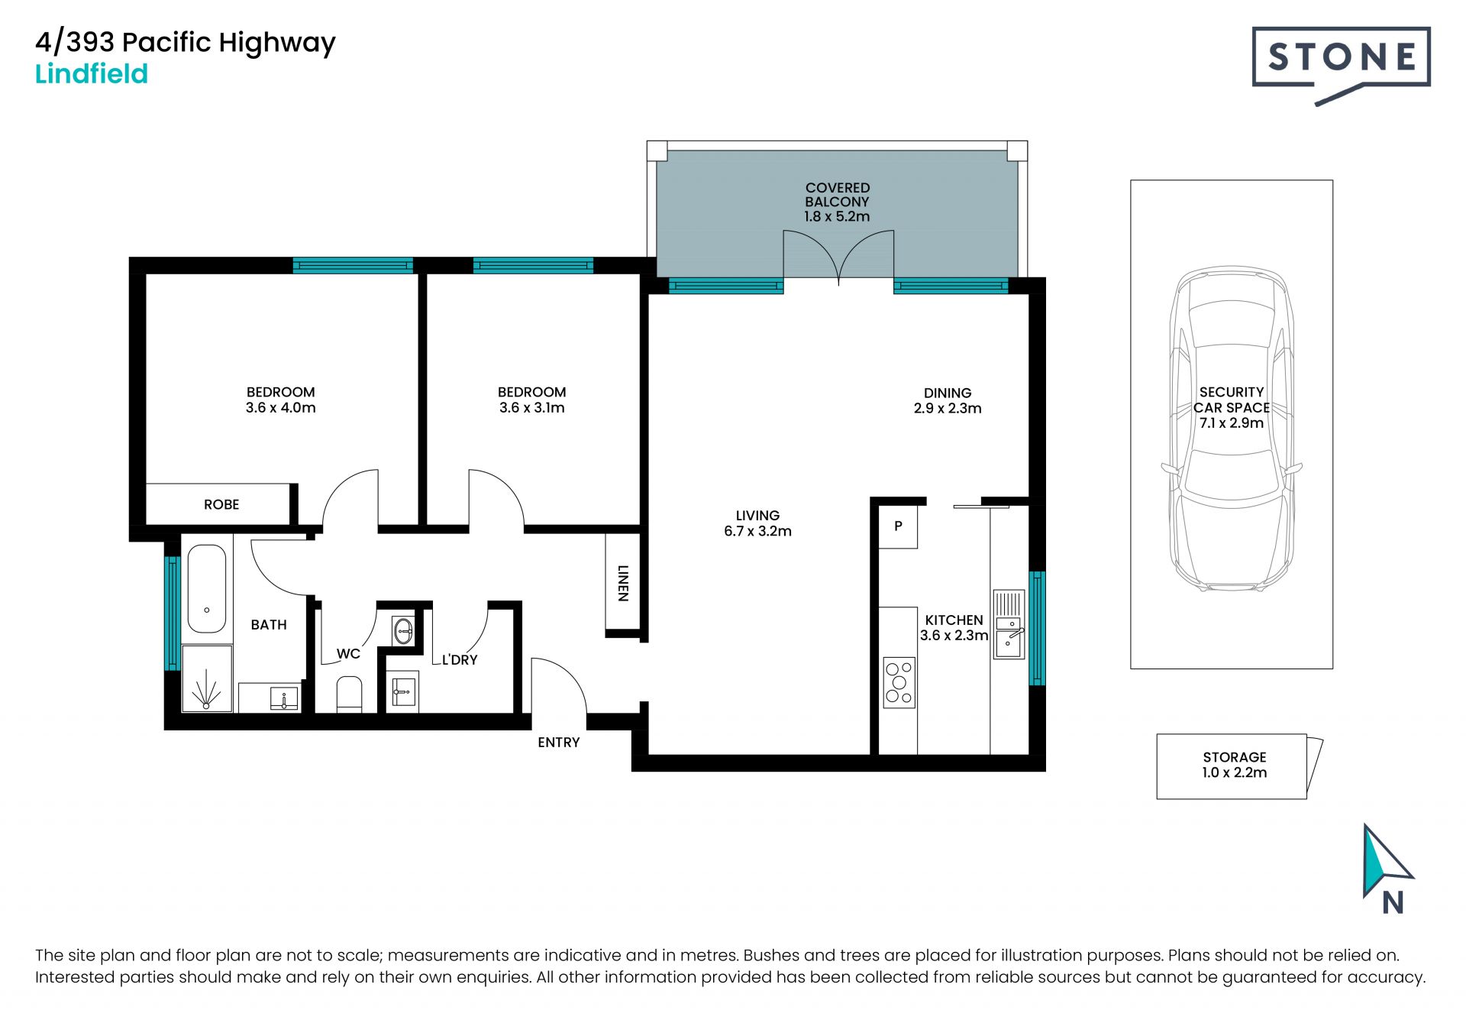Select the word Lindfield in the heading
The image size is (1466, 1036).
[92, 74]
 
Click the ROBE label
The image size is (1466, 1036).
[221, 504]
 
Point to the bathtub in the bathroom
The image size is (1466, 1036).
[207, 588]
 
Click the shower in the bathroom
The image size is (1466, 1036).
[207, 679]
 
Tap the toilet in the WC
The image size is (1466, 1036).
[350, 694]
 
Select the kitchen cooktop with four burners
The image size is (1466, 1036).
[899, 682]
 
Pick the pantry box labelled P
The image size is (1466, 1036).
[898, 526]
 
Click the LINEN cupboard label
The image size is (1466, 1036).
[623, 583]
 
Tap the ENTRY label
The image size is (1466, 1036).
[559, 742]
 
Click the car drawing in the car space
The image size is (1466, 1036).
[1232, 429]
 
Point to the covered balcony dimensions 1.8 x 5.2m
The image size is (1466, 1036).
[837, 217]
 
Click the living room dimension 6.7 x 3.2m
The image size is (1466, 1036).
[757, 531]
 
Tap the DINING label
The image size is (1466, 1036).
[948, 393]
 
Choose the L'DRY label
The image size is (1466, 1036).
[460, 659]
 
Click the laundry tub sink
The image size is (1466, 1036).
[403, 691]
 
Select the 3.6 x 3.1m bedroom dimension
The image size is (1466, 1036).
[532, 408]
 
